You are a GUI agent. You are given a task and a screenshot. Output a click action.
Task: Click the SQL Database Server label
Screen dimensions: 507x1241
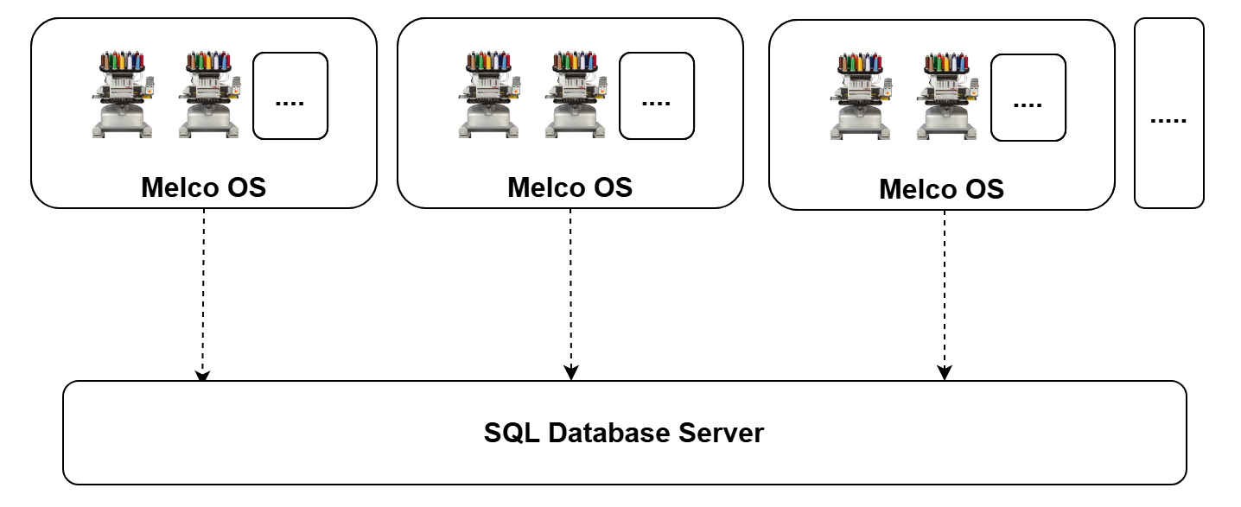[x=624, y=433]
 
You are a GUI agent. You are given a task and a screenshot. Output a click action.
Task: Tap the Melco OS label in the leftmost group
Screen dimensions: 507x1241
[x=204, y=187]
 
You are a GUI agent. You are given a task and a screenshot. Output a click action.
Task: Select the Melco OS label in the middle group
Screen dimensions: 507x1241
[x=570, y=187]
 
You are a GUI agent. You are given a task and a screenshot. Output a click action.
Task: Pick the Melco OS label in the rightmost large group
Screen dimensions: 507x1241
[x=942, y=189]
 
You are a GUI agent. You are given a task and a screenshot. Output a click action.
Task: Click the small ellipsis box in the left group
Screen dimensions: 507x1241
[x=290, y=96]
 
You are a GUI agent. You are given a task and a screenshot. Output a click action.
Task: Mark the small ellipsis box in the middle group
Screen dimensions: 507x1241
[x=657, y=96]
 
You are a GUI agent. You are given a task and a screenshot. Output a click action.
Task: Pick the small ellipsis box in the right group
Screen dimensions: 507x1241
[x=1028, y=97]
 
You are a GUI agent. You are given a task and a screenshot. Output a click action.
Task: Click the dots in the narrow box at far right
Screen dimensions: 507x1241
[x=1168, y=117]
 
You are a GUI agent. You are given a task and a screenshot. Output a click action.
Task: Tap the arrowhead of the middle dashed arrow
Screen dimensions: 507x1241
[x=570, y=373]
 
